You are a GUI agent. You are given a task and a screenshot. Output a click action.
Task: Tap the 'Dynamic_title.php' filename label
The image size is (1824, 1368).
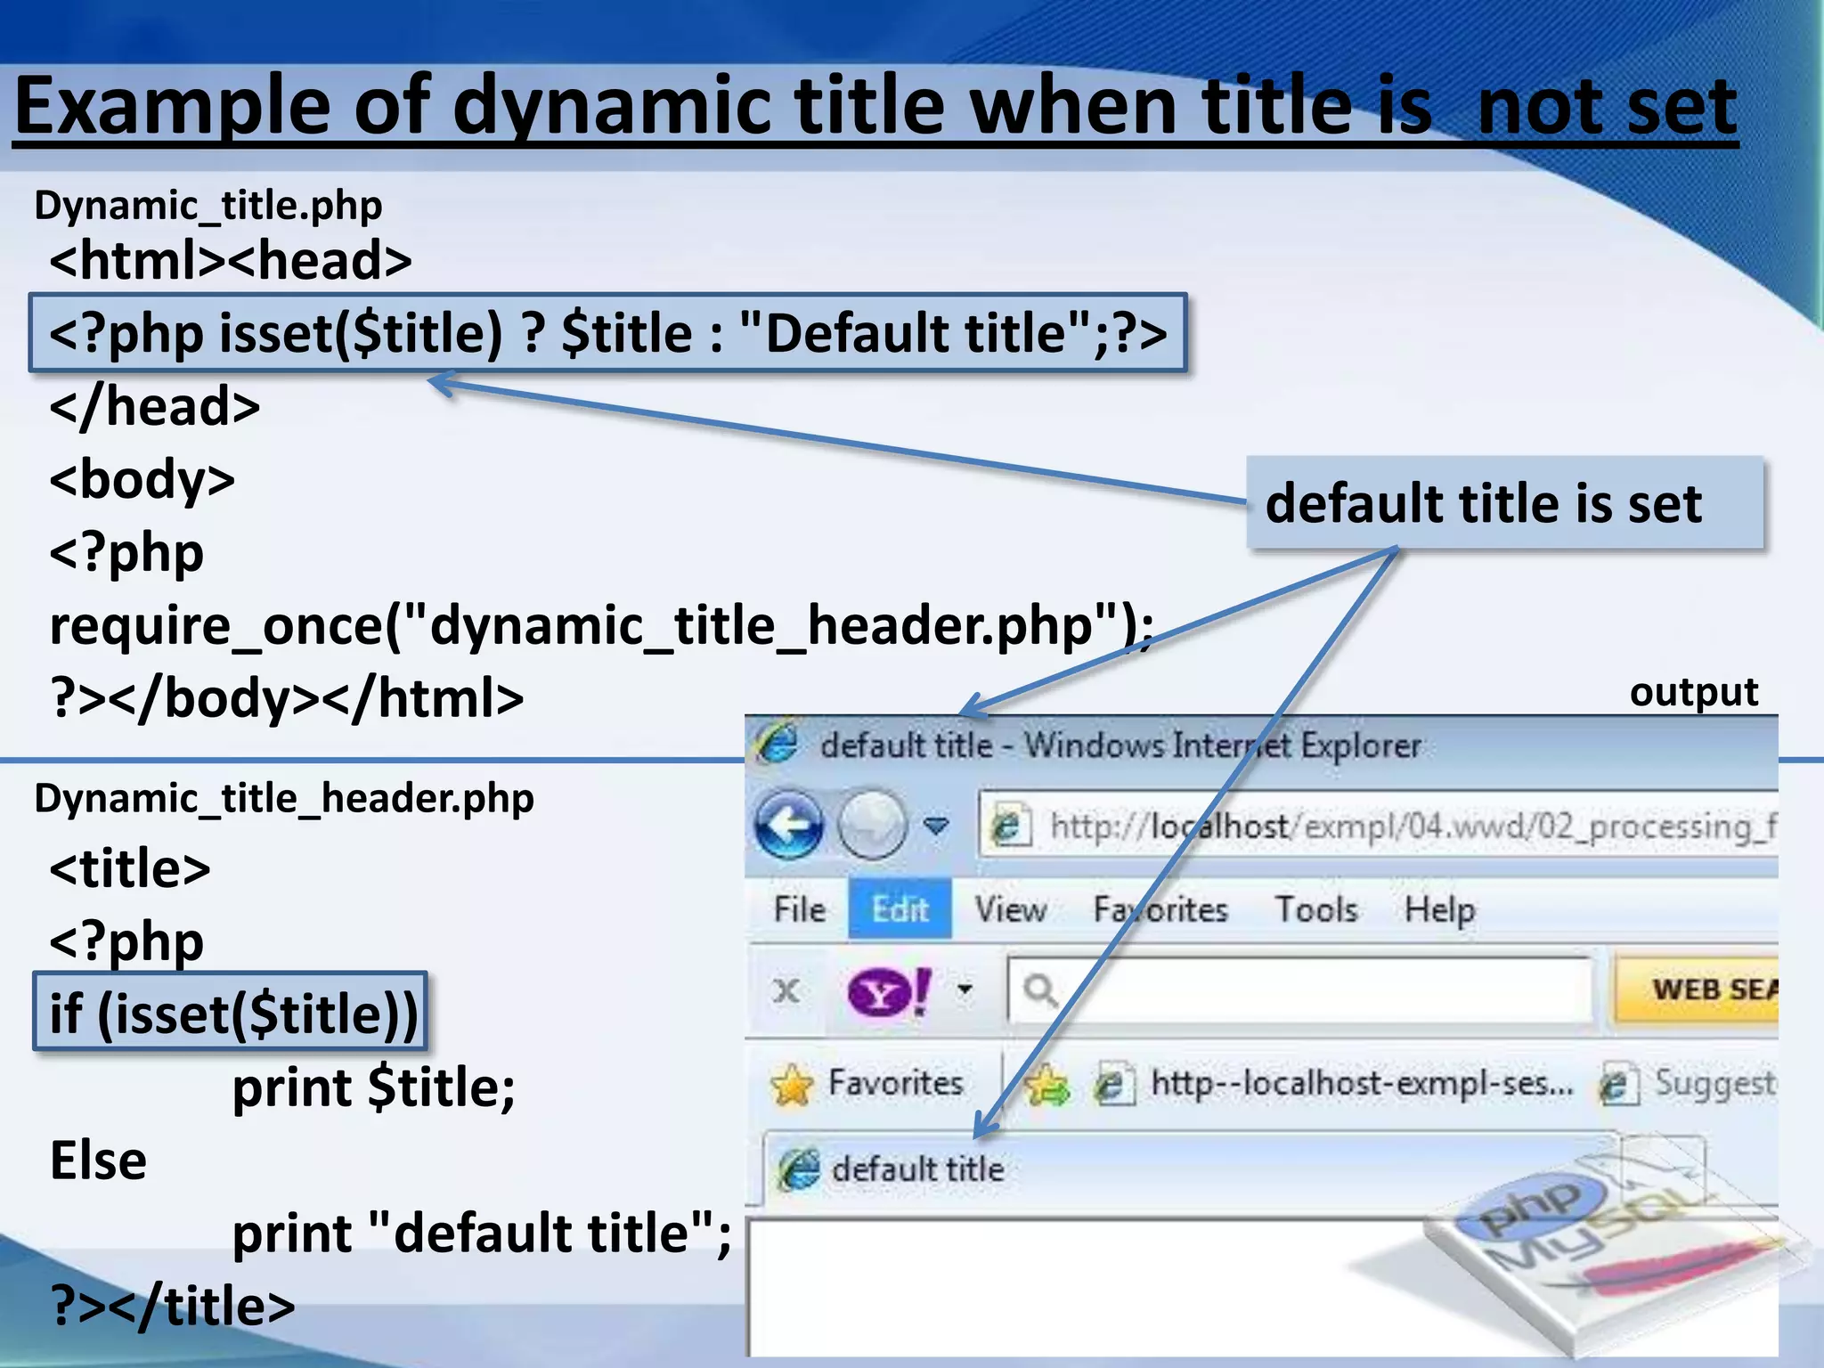tap(208, 206)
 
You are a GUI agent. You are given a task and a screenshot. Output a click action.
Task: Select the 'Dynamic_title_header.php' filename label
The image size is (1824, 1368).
tap(284, 798)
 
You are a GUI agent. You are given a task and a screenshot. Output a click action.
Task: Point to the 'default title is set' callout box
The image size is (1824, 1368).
tap(1503, 503)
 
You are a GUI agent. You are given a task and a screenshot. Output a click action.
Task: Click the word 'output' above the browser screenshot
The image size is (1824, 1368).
tap(1693, 693)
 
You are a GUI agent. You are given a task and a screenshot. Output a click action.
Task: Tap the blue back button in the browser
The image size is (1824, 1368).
tap(789, 825)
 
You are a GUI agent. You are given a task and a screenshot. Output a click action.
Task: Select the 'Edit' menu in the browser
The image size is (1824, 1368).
tap(900, 909)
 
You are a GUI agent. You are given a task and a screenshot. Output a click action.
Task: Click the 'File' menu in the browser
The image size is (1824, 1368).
tap(799, 909)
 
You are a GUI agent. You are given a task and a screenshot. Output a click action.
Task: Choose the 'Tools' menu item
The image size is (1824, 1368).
tap(1316, 909)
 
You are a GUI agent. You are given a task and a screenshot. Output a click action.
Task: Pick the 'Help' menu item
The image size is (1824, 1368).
tap(1439, 909)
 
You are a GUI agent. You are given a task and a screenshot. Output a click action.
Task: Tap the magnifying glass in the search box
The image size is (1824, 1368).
tap(1039, 989)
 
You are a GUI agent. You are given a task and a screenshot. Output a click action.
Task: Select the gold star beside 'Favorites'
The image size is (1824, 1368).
tap(792, 1085)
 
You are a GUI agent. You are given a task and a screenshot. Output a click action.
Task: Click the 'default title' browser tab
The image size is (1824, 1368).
tap(917, 1168)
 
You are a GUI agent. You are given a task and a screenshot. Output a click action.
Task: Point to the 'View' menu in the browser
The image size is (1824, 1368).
tap(1010, 909)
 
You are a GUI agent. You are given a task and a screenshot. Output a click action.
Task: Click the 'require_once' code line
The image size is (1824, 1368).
tap(601, 625)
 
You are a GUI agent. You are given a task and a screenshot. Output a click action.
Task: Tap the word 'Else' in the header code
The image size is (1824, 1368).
tap(98, 1160)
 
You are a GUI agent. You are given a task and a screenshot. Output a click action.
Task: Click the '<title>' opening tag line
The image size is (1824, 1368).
tap(130, 868)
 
